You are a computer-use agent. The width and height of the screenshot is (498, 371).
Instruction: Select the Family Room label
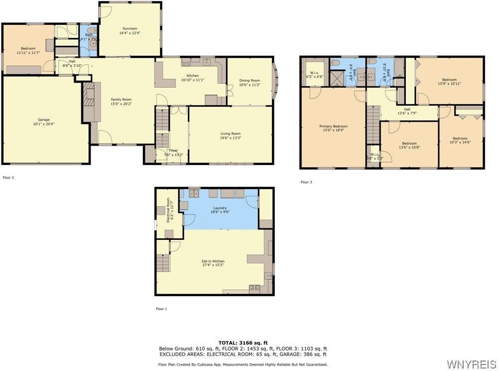point(121,99)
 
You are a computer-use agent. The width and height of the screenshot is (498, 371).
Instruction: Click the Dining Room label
point(249,80)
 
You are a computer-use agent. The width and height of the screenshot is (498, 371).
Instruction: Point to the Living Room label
point(231,133)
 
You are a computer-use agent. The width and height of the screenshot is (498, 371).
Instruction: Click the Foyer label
point(173,150)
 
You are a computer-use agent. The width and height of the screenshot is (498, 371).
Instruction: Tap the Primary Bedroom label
point(333,126)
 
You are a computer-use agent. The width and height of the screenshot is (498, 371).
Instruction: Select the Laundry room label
point(220,208)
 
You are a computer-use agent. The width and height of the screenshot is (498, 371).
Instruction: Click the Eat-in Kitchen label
point(213,261)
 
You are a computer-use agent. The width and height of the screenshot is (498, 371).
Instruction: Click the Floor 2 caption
point(8,178)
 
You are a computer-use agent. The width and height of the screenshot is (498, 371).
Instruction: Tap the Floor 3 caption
point(306,182)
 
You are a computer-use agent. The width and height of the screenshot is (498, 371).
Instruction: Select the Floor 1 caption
point(161,309)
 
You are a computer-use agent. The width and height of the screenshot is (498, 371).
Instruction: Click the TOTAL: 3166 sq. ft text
point(243,343)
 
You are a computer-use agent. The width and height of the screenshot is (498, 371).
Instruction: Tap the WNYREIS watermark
point(471,364)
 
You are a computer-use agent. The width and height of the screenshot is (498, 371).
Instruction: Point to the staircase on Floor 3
point(373,125)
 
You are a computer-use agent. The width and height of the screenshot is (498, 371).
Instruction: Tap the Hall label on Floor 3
point(407,109)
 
